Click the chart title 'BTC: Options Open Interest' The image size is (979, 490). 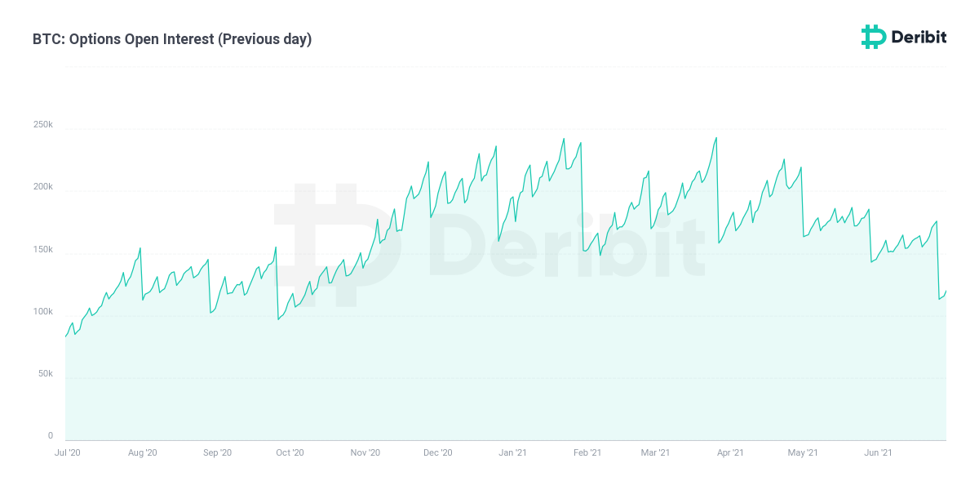(122, 39)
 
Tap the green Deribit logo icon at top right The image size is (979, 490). (874, 37)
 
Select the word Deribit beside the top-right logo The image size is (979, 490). (919, 37)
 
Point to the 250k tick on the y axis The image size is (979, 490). (42, 125)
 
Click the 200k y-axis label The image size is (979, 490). (42, 187)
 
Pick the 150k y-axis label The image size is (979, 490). (42, 249)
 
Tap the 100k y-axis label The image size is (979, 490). (42, 312)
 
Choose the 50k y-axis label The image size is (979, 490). (44, 374)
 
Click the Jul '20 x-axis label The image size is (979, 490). (67, 452)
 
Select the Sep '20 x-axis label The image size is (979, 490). (217, 452)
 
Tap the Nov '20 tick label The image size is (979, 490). (365, 452)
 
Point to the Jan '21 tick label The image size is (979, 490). (512, 452)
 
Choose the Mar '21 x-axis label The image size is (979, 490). (655, 452)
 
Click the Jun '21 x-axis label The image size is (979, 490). (877, 452)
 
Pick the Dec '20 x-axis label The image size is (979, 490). (438, 452)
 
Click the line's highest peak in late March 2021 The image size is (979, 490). (716, 138)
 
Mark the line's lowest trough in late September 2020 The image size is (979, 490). (278, 318)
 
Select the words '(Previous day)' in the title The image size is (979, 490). (264, 39)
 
